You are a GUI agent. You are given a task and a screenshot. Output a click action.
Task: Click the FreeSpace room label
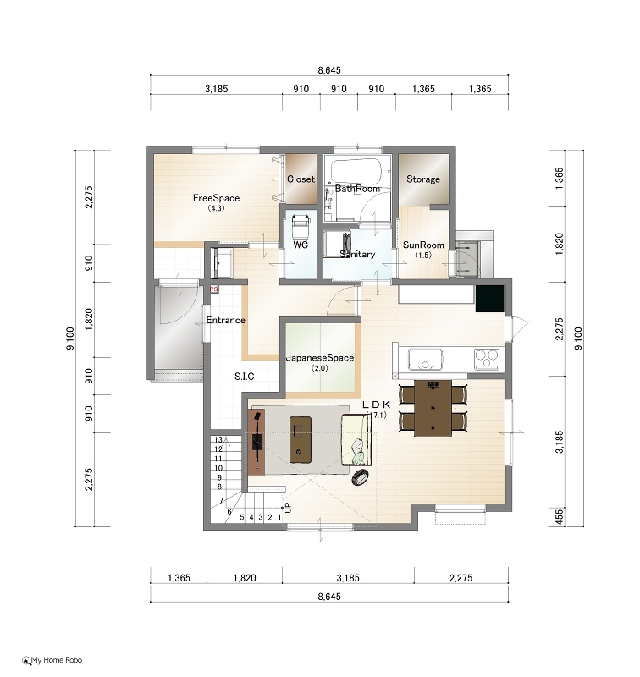(216, 198)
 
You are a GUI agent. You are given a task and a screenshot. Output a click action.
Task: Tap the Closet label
(301, 179)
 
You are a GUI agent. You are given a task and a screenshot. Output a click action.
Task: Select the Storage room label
(423, 179)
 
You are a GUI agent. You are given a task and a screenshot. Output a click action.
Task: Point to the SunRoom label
(423, 245)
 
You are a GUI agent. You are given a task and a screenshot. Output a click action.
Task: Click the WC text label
(301, 245)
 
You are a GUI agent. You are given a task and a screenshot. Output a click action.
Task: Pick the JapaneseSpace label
(320, 357)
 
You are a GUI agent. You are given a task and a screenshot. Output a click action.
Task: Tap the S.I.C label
(245, 377)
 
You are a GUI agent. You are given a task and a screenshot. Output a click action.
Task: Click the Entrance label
(226, 320)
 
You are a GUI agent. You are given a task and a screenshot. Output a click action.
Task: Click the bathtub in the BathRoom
(356, 171)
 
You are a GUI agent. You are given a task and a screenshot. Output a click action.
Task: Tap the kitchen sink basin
(425, 360)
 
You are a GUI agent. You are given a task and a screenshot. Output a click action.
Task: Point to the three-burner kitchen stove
(487, 359)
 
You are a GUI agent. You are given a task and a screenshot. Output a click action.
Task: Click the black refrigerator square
(489, 299)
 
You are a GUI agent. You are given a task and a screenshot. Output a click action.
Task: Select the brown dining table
(433, 408)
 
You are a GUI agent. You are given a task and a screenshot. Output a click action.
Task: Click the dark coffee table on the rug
(301, 439)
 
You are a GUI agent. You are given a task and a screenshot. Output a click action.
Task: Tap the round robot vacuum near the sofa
(361, 476)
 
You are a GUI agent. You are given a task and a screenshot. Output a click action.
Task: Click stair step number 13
(218, 439)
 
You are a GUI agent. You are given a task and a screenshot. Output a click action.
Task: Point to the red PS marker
(214, 289)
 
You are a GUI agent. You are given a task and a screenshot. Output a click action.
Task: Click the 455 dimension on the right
(560, 517)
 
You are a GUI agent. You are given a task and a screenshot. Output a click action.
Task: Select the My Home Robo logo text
(57, 660)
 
